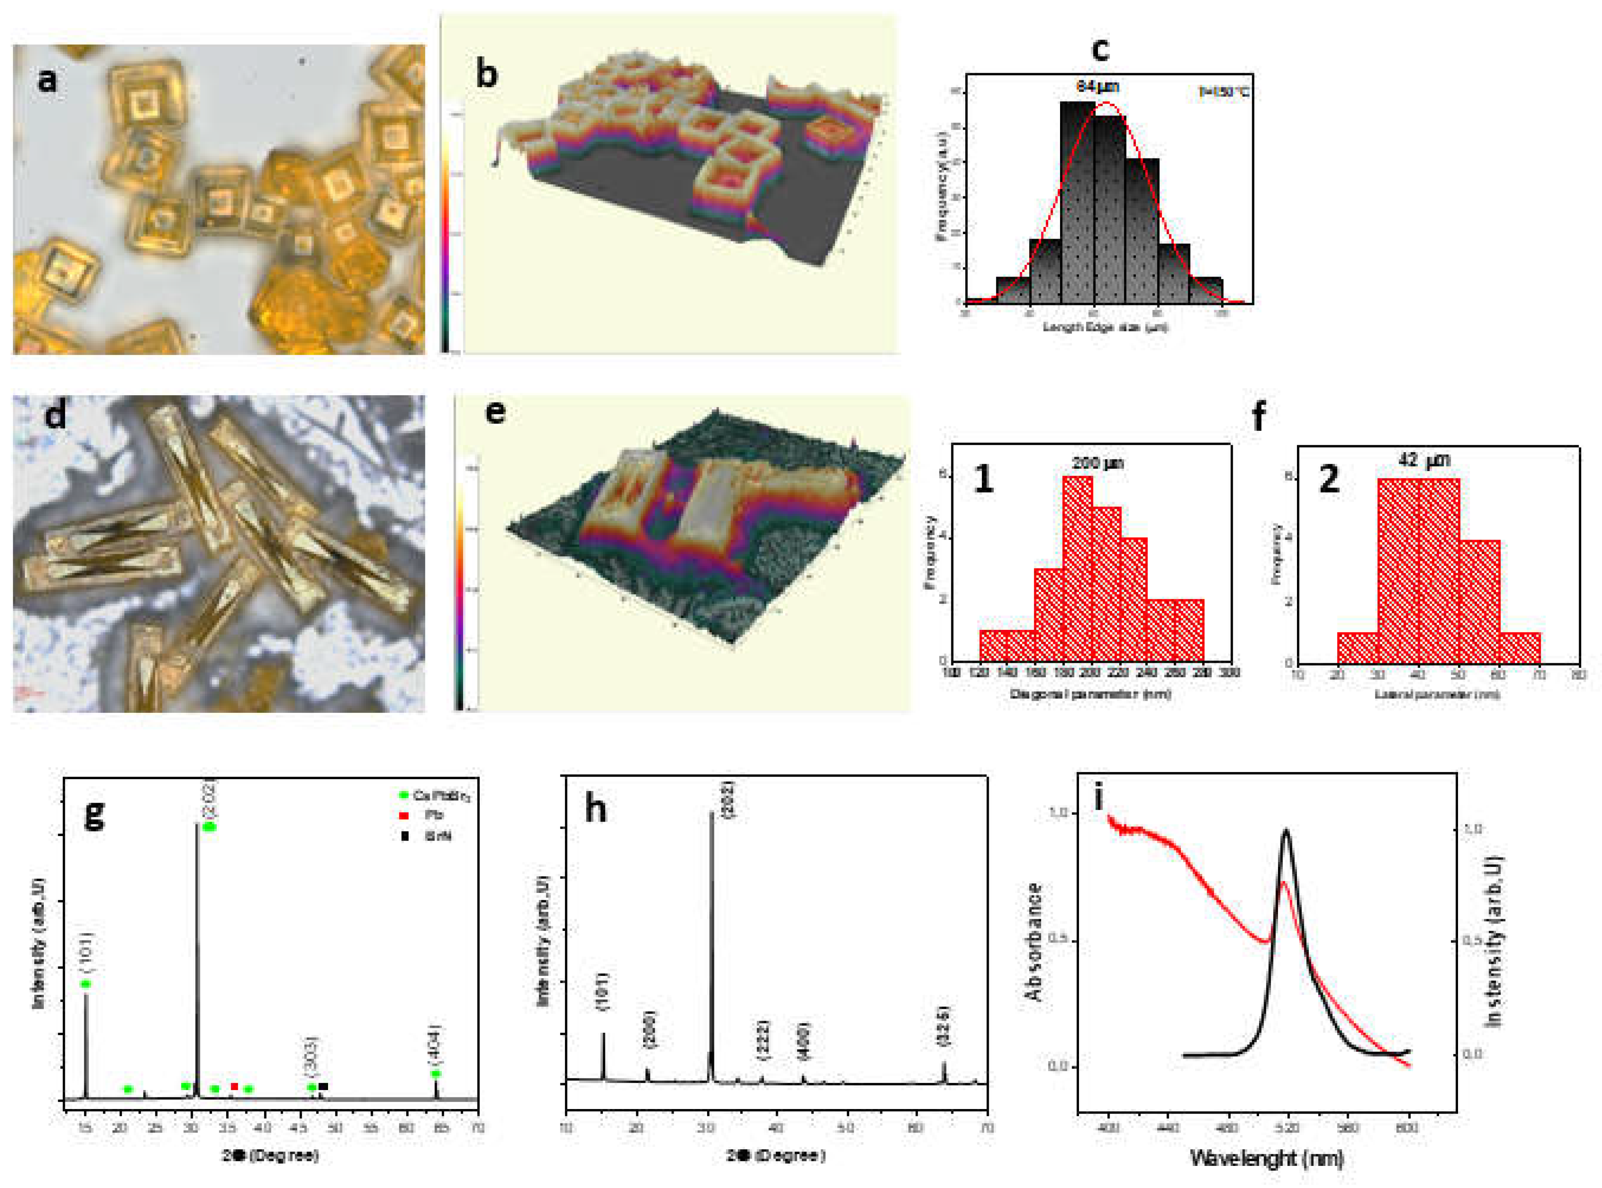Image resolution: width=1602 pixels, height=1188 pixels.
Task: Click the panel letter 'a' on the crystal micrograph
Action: pyautogui.click(x=47, y=79)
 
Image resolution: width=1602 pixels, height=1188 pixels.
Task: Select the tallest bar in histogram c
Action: pyautogui.click(x=1077, y=201)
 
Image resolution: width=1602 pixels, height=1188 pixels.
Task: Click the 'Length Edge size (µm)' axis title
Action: pyautogui.click(x=1105, y=327)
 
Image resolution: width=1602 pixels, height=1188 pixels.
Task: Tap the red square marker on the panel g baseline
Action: pyautogui.click(x=234, y=1086)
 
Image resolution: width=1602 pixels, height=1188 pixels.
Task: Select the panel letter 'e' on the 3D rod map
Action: pyautogui.click(x=495, y=413)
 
